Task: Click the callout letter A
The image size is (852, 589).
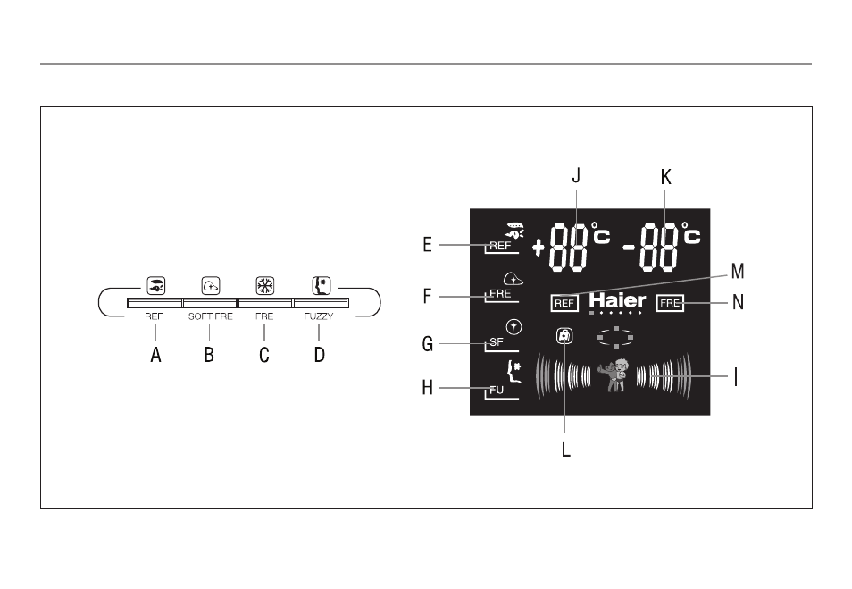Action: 156,355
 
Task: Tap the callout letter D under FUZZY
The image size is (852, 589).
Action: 320,355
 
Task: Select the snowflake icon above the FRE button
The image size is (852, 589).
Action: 265,285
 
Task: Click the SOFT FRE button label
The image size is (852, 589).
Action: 210,316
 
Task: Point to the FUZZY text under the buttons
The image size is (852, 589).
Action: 319,316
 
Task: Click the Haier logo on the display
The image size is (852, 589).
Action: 617,300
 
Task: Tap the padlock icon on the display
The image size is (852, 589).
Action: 564,336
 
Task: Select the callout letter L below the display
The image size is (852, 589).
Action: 565,450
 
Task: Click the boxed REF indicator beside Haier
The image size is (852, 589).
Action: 564,303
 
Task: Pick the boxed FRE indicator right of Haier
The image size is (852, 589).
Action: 670,303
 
